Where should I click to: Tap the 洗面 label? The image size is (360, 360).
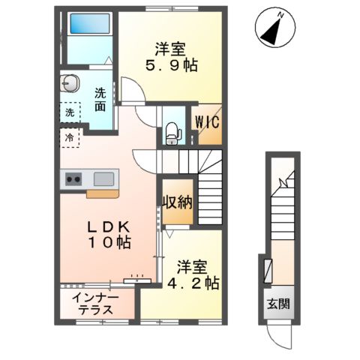tap(100, 100)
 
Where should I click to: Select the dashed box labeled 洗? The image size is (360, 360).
tap(69, 113)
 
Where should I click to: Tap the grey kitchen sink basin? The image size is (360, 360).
tap(104, 178)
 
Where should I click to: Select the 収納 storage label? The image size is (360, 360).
tap(178, 202)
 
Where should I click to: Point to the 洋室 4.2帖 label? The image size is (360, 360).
tap(196, 274)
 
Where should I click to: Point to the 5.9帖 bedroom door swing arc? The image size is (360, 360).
tap(133, 92)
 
